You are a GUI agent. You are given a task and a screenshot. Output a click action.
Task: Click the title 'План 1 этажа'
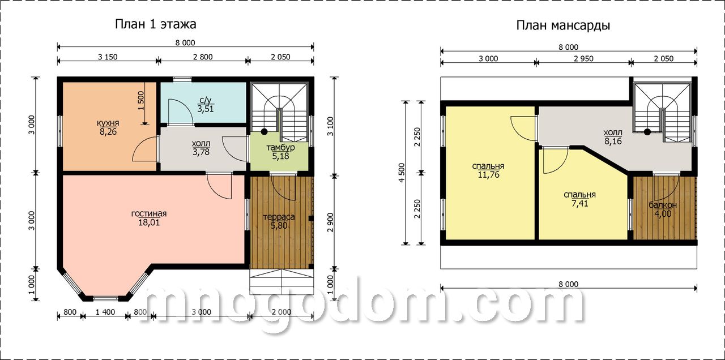tap(155, 24)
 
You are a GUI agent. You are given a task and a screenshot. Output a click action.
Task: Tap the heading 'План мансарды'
tap(563, 25)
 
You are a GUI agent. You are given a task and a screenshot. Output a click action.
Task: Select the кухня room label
tap(108, 123)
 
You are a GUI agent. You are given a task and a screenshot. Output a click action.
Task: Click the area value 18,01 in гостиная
tap(149, 222)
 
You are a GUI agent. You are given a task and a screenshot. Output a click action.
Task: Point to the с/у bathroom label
tap(206, 100)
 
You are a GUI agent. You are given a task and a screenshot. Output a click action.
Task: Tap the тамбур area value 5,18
tap(280, 156)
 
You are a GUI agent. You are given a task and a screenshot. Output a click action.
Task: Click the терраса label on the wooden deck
tap(279, 217)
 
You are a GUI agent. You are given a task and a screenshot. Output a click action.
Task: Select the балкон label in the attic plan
tap(663, 205)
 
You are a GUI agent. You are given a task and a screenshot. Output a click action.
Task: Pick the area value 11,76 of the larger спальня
tap(488, 175)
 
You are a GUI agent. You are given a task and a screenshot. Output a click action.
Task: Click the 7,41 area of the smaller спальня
tap(579, 204)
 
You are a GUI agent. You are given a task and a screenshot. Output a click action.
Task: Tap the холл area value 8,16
tap(613, 142)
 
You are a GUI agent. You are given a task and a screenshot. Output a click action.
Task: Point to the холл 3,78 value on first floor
tap(201, 152)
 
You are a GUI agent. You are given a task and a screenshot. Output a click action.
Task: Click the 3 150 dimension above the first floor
tap(108, 57)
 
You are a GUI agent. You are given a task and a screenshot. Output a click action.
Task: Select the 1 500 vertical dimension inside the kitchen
tap(141, 101)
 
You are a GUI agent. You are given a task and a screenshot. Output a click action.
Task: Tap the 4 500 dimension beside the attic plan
tap(402, 173)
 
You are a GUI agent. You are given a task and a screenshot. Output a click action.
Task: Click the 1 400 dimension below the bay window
tap(105, 312)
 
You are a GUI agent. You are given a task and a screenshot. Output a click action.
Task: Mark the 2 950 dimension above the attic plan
tap(583, 58)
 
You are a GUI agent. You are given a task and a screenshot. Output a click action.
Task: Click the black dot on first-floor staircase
tap(265, 132)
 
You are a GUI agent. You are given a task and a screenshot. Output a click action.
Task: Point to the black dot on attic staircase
tap(647, 132)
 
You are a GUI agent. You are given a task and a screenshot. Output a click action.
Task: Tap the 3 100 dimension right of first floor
tap(330, 126)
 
